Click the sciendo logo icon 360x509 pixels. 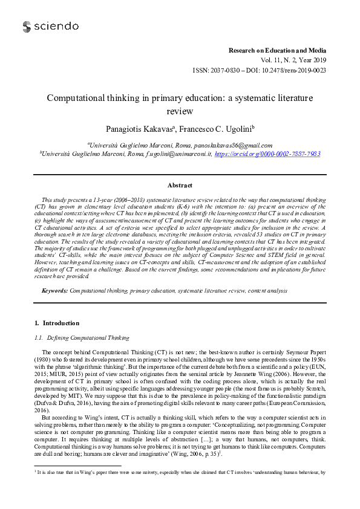[27, 27]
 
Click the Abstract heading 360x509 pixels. [180, 186]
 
